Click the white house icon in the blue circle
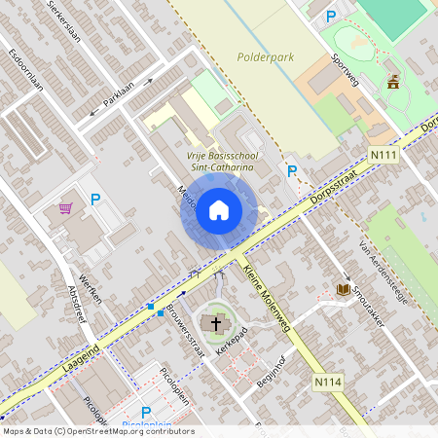(x=219, y=209)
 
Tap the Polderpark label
(x=265, y=57)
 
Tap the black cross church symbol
(x=214, y=321)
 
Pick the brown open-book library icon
(x=343, y=289)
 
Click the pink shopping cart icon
(x=65, y=207)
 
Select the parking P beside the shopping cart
(x=95, y=200)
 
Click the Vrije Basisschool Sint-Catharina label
(x=221, y=160)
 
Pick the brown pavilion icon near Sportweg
(x=393, y=83)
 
